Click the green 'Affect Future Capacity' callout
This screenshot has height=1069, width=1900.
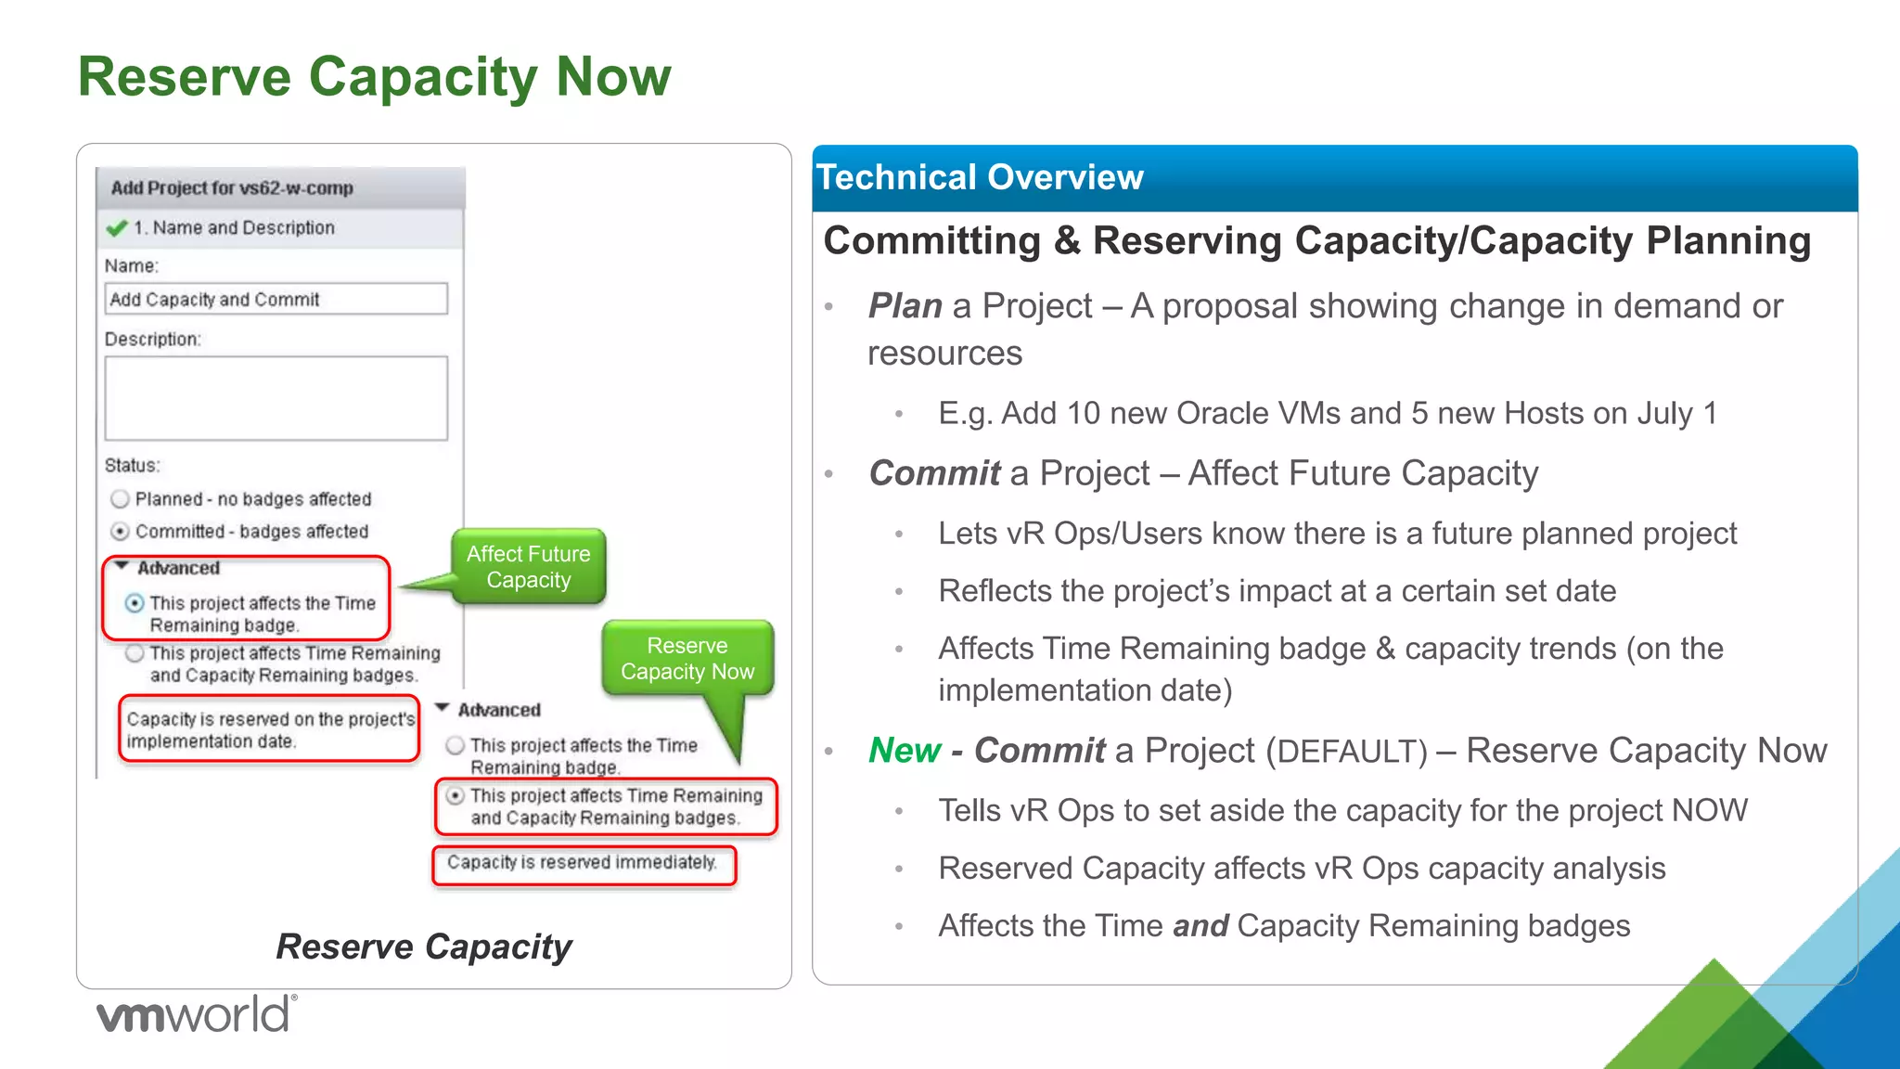point(528,567)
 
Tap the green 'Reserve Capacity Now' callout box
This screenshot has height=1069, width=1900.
point(687,659)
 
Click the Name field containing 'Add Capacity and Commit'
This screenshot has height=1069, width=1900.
point(276,299)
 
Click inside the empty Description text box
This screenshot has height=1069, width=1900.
point(276,398)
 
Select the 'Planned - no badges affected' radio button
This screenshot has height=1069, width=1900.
point(120,499)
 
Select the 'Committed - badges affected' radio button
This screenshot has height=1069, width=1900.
point(120,532)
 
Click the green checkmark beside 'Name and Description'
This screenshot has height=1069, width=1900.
point(116,228)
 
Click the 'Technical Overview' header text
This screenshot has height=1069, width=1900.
point(979,177)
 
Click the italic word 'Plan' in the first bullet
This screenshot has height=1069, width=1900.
point(905,306)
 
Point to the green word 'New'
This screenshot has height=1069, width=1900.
point(904,750)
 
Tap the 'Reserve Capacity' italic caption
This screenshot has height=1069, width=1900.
point(424,947)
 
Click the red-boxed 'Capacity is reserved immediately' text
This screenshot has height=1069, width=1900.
point(582,863)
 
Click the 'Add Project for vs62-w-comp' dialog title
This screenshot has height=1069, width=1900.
point(232,188)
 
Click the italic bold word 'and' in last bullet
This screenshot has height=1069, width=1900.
point(1200,926)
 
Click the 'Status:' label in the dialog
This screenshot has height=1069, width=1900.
point(132,465)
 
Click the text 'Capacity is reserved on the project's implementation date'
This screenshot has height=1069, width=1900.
point(269,730)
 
